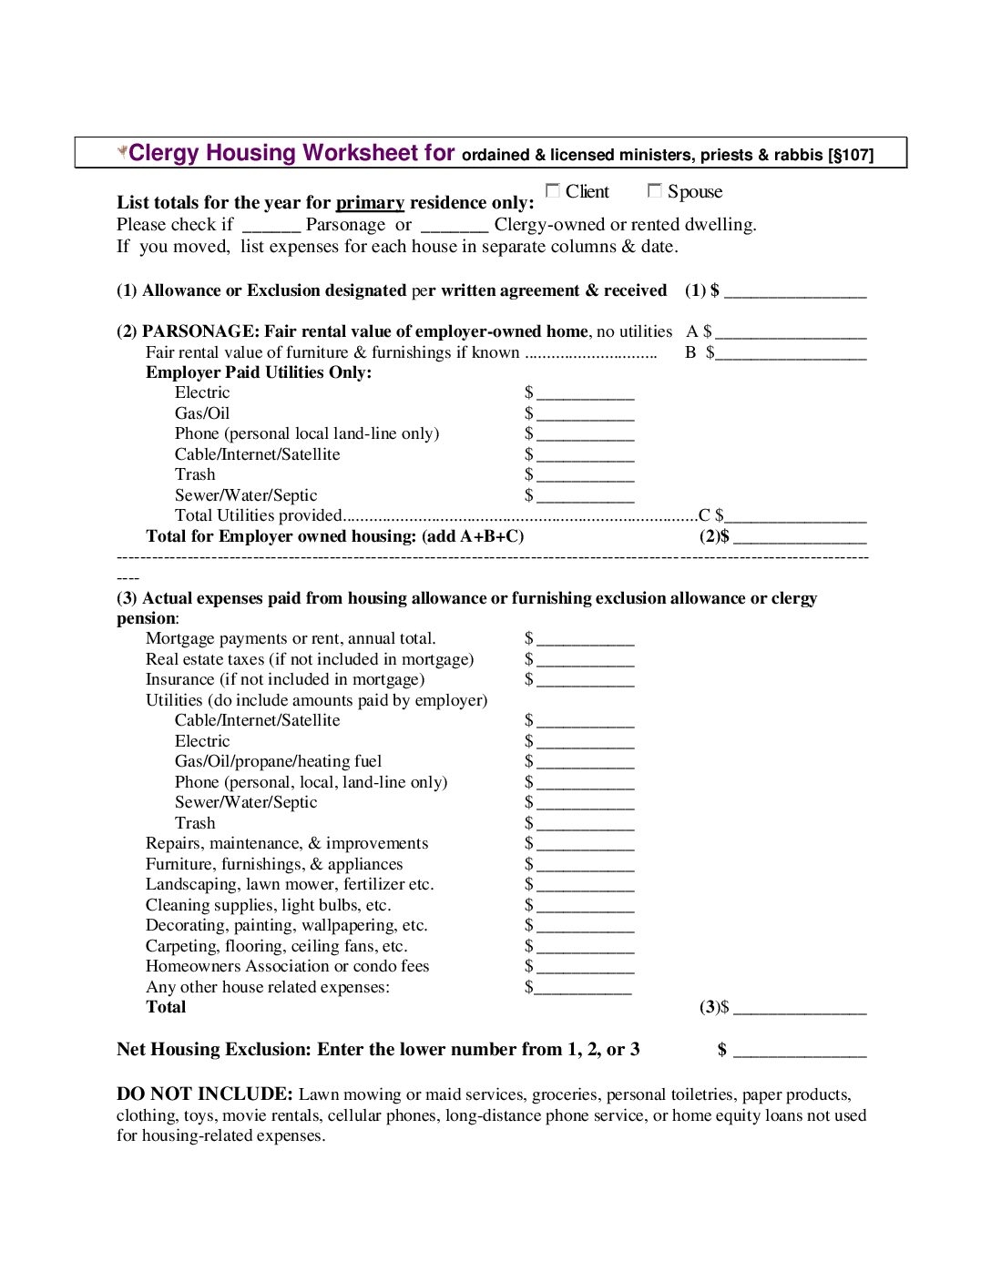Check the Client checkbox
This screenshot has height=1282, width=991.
[552, 190]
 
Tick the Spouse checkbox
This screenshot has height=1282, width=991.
[654, 190]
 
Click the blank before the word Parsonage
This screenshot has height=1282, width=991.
[271, 225]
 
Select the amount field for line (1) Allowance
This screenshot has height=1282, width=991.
[795, 291]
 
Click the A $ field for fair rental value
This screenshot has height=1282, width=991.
[791, 332]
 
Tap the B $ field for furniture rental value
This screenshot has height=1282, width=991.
[791, 353]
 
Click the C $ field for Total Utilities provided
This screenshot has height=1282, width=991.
[795, 516]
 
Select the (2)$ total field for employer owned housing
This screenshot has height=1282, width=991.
[800, 537]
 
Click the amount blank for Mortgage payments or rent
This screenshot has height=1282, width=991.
[585, 639]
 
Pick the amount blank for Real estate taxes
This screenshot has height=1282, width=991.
[585, 660]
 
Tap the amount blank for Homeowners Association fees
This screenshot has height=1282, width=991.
[585, 967]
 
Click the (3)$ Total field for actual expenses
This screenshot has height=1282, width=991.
[800, 1008]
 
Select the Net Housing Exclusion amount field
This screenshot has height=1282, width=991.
[800, 1051]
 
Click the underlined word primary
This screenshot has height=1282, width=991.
[370, 203]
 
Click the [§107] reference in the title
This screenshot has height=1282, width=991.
[851, 155]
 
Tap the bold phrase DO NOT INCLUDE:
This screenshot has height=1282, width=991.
[204, 1094]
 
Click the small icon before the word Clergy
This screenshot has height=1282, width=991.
[122, 151]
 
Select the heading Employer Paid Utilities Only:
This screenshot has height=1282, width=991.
[259, 372]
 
